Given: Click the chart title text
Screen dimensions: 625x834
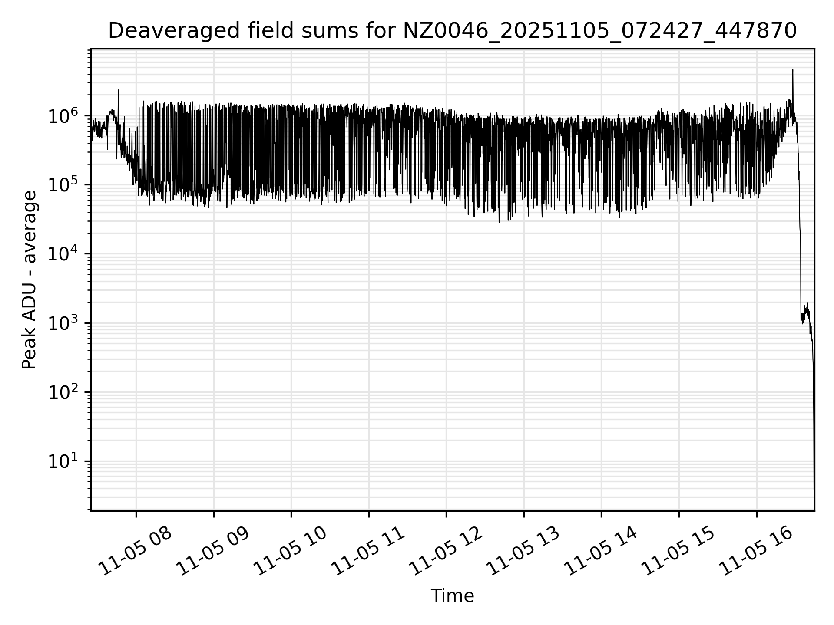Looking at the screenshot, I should [x=452, y=31].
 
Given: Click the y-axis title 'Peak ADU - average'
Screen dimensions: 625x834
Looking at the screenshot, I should [x=30, y=280].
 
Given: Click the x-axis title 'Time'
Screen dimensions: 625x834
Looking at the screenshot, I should [x=452, y=596].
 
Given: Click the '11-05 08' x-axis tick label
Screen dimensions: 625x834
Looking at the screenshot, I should [x=135, y=552].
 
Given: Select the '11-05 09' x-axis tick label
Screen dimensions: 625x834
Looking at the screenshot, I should [x=213, y=552].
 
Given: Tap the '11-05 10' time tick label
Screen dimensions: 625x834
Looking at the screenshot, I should [x=290, y=552].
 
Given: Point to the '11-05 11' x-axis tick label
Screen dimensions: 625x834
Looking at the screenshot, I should [x=368, y=552].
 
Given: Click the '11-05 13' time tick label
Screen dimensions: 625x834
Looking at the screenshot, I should [x=523, y=552].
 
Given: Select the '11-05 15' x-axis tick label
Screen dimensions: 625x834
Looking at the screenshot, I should [x=678, y=552].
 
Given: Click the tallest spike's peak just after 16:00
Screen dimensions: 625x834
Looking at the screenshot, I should [x=793, y=70].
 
